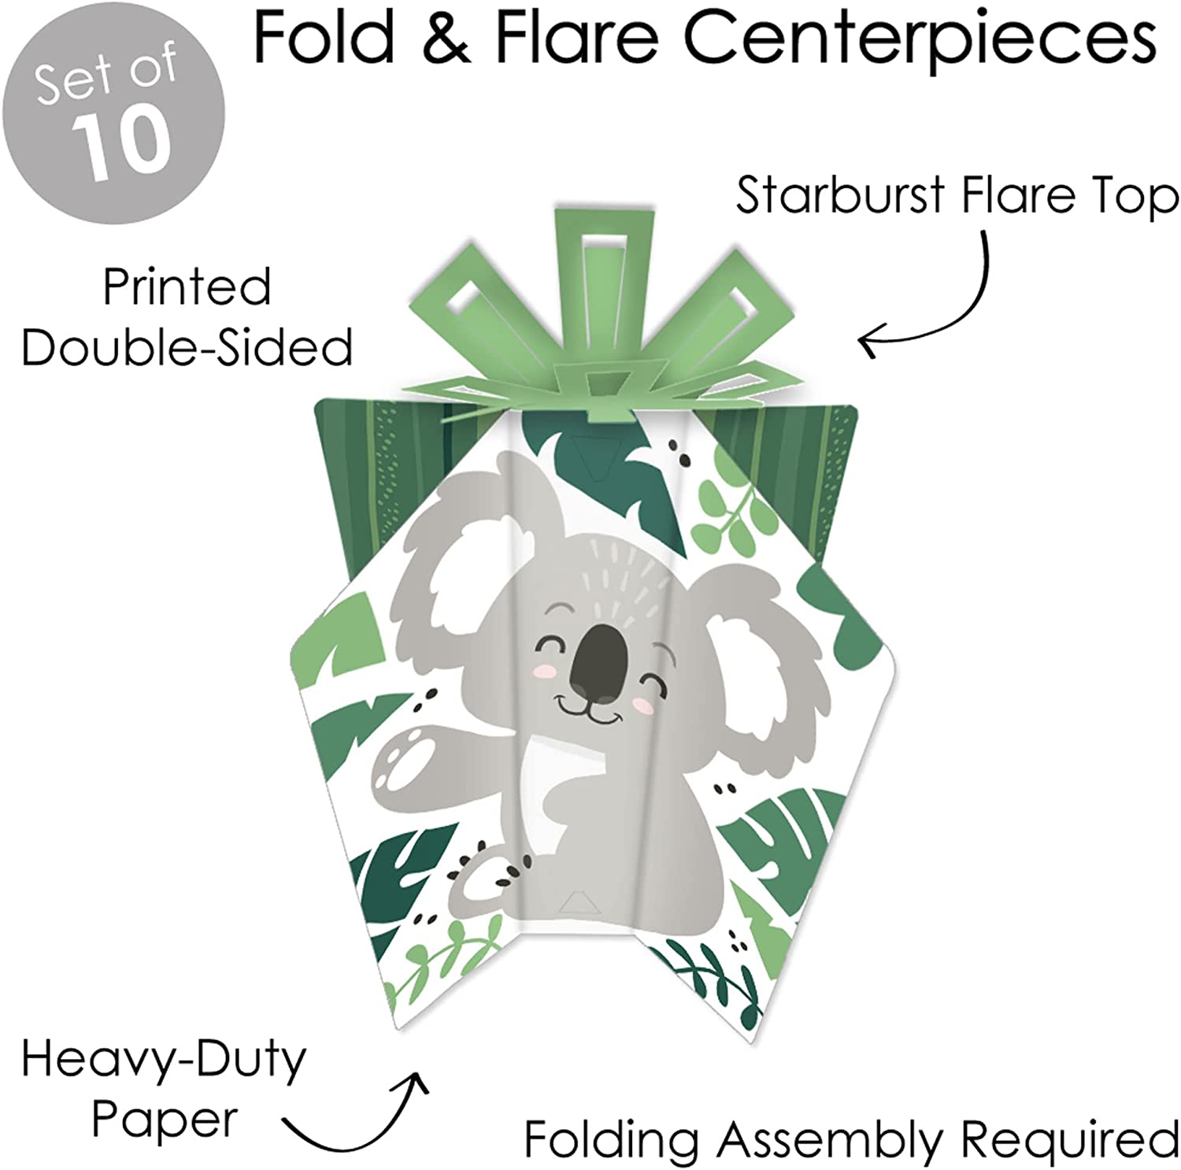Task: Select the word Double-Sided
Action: coord(187,346)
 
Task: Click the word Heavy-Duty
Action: coord(164,1060)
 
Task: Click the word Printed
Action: coord(187,287)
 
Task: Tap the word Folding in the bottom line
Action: coord(611,1139)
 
